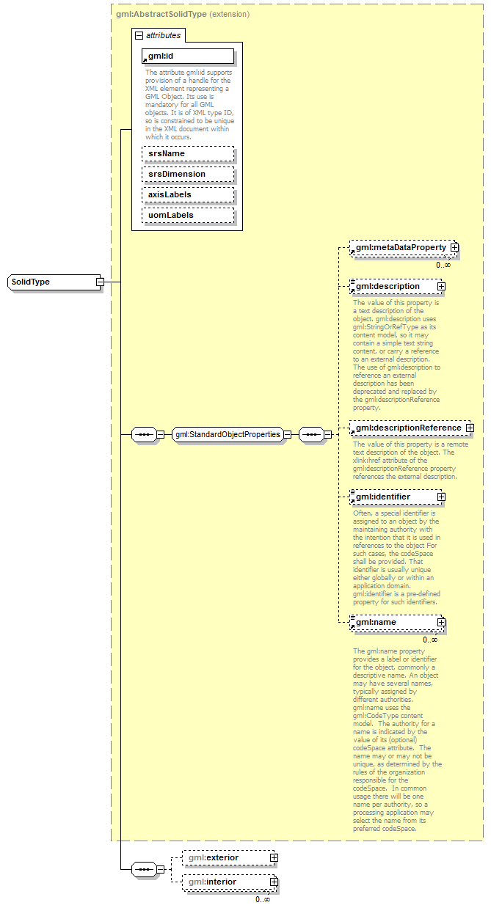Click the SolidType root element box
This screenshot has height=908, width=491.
51,282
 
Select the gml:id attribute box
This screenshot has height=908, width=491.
188,56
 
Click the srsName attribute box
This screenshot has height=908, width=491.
188,154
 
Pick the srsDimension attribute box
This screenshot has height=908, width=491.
188,175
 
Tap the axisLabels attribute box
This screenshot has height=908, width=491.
188,195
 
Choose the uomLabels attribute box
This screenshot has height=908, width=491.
188,216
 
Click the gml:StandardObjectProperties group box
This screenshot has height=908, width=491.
228,434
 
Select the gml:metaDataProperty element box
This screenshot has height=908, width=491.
400,248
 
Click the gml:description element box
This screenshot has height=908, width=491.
393,286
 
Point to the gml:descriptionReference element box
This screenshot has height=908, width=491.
407,428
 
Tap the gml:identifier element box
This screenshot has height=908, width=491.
393,497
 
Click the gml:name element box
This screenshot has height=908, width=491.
393,623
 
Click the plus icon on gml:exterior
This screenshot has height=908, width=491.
274,857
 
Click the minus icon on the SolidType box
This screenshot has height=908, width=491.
100,282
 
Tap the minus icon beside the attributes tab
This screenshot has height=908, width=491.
138,35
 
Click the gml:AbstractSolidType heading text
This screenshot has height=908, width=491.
161,13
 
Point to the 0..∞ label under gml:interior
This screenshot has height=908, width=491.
263,899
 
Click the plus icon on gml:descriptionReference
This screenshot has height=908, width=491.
470,428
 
